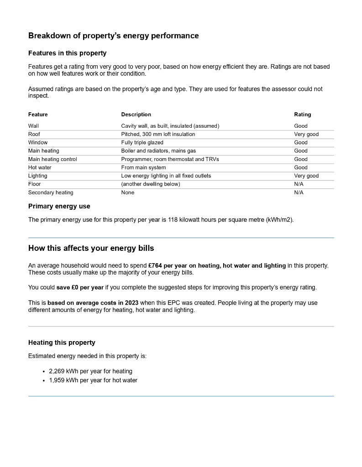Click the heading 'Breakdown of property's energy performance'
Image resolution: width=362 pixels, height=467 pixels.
tap(113, 36)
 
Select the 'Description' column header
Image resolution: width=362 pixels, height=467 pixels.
tap(136, 114)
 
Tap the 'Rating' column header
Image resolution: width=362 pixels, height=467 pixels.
tap(302, 114)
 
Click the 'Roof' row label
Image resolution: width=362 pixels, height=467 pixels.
tap(34, 134)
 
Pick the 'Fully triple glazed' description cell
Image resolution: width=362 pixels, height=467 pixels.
tap(142, 142)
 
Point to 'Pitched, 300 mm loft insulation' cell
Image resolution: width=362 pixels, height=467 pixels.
tap(158, 134)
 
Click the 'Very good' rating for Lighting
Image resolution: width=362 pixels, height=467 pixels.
tap(306, 176)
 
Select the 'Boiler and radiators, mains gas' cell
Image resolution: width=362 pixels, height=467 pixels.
tap(158, 150)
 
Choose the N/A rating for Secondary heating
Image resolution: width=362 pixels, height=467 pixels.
tap(299, 192)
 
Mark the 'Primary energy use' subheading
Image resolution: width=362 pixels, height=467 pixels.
tap(59, 206)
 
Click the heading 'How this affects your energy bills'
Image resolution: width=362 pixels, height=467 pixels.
tap(91, 248)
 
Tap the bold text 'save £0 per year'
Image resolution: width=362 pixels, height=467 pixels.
tap(80, 287)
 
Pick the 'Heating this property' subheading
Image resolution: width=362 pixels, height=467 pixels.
tap(62, 342)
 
